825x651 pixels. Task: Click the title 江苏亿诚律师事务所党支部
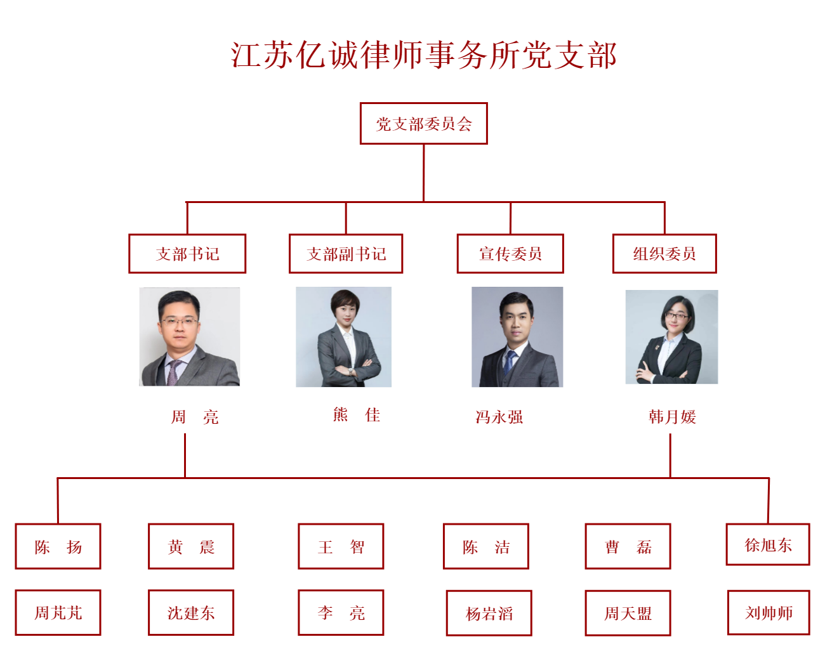423,55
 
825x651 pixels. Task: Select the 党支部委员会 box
424,124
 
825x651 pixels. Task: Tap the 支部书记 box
187,253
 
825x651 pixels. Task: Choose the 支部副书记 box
346,253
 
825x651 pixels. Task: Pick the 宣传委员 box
510,253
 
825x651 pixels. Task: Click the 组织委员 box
664,253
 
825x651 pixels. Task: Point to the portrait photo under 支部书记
189,337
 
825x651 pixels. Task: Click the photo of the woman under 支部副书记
343,337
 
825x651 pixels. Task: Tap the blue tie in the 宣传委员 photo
510,362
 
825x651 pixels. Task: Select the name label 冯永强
499,417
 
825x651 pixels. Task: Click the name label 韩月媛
672,417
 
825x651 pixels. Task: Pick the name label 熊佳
357,415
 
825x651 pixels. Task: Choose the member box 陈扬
58,546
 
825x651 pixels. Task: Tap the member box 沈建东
191,613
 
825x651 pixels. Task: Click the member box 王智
341,546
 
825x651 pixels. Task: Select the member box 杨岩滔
489,614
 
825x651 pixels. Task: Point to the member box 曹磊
628,546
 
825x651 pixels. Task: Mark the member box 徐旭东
768,544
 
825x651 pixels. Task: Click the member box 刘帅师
769,613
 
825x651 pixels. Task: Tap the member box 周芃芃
58,613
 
